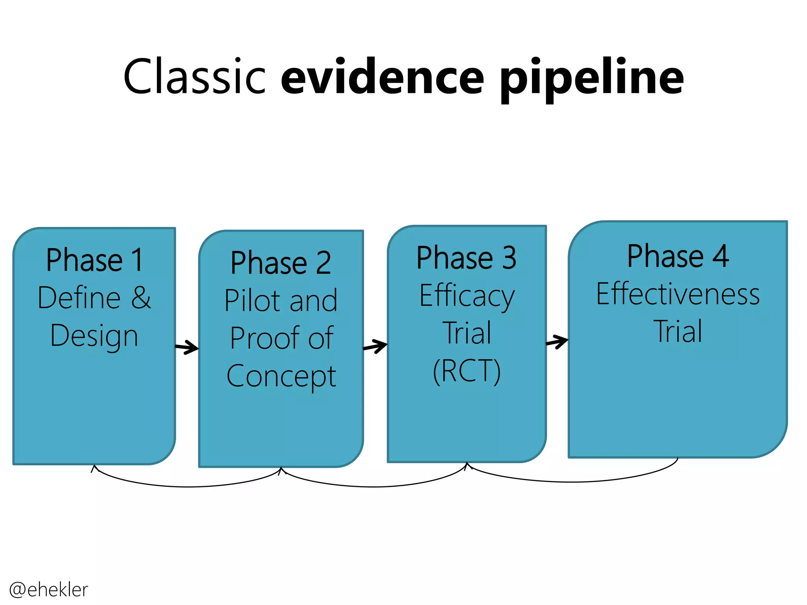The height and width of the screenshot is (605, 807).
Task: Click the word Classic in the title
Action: coord(195,76)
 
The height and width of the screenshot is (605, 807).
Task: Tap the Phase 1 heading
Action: coord(94,260)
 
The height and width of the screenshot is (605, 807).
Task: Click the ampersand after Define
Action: coord(141,297)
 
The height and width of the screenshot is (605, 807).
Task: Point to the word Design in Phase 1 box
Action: coord(94,336)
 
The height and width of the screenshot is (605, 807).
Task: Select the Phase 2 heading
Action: coord(281,263)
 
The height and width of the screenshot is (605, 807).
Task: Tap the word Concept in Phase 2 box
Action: coord(281,376)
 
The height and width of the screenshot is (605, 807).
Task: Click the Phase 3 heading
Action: coord(467,258)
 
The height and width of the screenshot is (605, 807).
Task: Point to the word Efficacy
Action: coord(467,296)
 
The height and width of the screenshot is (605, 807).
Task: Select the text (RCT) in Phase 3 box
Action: coord(467,371)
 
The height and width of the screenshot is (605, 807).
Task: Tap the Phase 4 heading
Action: coord(678,256)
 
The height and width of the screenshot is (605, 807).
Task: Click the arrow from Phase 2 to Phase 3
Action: coord(376,347)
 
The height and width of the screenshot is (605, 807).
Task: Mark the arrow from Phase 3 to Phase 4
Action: coord(557,341)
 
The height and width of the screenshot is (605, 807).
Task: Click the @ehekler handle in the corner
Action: coord(48,590)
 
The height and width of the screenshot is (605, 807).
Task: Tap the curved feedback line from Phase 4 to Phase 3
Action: coord(571,481)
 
